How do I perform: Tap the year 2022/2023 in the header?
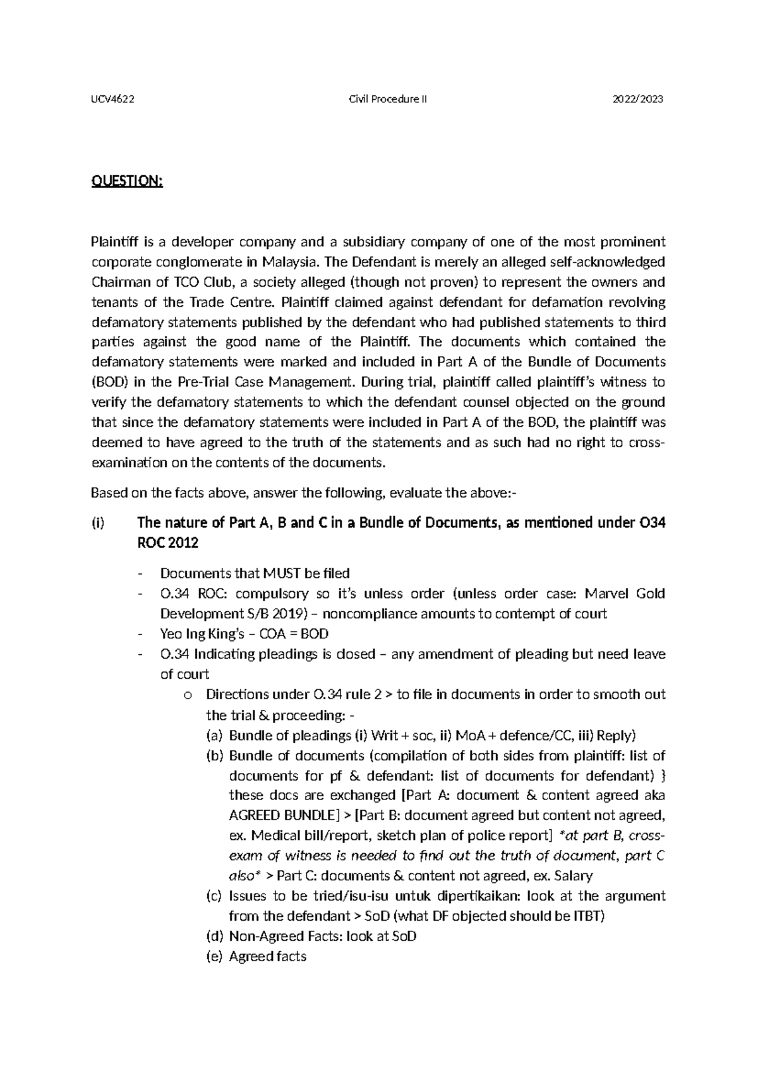[x=638, y=99]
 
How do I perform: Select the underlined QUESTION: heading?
[x=127, y=182]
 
